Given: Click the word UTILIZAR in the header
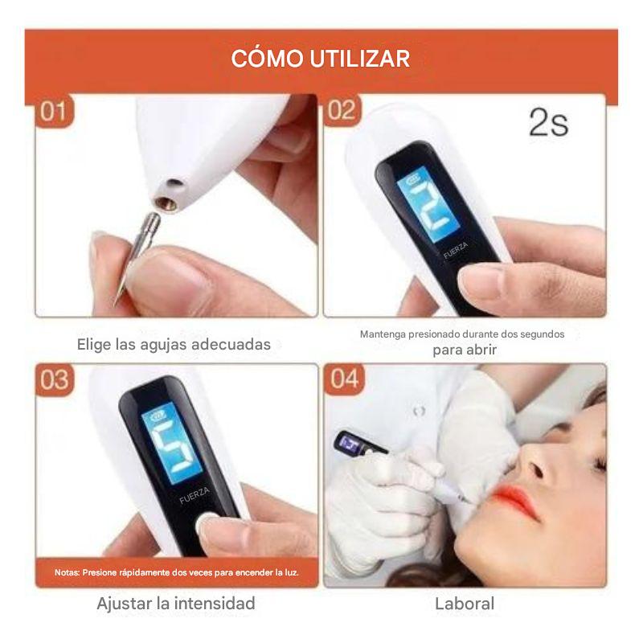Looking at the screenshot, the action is tap(359, 59).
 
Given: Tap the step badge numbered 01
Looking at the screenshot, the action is tap(54, 111).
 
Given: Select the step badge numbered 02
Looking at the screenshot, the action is tap(342, 110).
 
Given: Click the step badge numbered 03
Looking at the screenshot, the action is tap(55, 379).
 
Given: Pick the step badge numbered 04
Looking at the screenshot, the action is tap(344, 379).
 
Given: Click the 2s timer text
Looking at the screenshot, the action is tap(549, 122).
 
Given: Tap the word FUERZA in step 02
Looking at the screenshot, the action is tap(455, 251).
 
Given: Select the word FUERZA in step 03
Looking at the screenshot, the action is tap(195, 495).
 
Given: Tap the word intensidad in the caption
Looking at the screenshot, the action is tap(215, 604).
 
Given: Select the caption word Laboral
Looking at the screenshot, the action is tap(465, 604).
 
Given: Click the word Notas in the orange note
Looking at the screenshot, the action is tap(67, 572).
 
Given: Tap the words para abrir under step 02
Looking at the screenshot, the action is tap(465, 350).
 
